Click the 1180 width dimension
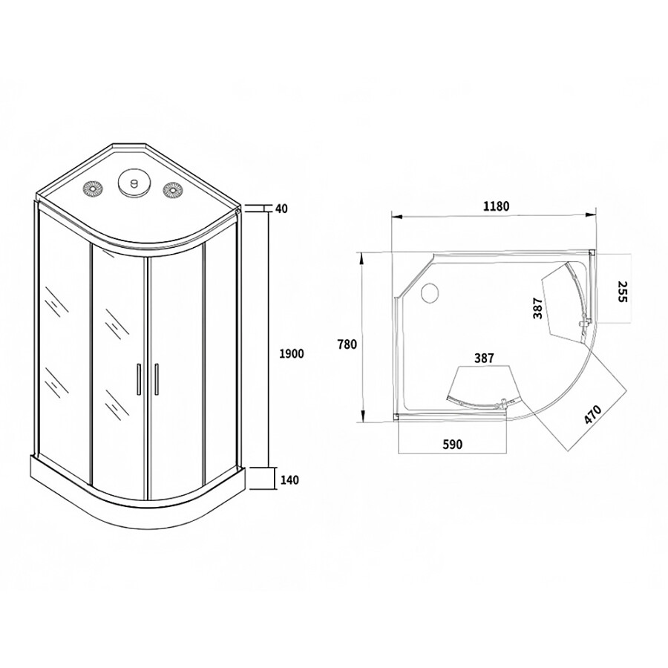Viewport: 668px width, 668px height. (x=497, y=206)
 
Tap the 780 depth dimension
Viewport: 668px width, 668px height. (x=347, y=344)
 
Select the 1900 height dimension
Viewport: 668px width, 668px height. (x=292, y=353)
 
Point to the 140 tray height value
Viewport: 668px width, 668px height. (x=289, y=479)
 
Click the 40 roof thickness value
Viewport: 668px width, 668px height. (x=281, y=209)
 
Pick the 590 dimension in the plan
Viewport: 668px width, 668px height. (x=453, y=445)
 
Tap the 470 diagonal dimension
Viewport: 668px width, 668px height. (x=592, y=414)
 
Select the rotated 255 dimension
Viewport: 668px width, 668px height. (x=623, y=292)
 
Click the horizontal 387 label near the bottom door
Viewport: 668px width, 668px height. (x=484, y=358)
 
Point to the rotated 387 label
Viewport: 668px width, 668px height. (x=537, y=308)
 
